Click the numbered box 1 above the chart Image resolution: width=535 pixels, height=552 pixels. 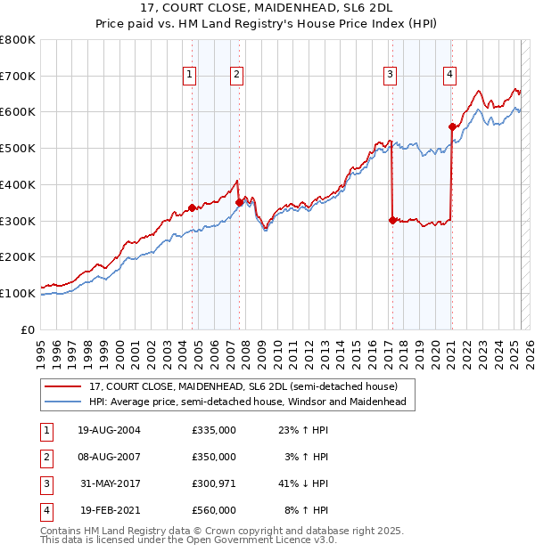click(191, 75)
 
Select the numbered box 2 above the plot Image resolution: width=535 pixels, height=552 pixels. click(236, 75)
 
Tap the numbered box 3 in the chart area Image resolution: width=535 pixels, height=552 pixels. click(391, 75)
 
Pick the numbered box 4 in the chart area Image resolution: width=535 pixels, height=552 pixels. click(450, 75)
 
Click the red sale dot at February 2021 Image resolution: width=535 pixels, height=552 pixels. click(452, 126)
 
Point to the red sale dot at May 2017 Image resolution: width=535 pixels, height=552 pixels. click(392, 220)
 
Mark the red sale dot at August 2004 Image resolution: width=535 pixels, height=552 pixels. click(192, 207)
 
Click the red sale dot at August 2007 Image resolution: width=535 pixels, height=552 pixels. click(238, 202)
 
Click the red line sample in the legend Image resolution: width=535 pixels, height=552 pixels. click(63, 386)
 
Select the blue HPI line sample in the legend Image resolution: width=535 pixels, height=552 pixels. click(63, 402)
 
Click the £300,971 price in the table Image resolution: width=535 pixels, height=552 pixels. click(214, 483)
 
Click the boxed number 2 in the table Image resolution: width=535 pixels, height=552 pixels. click(45, 457)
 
